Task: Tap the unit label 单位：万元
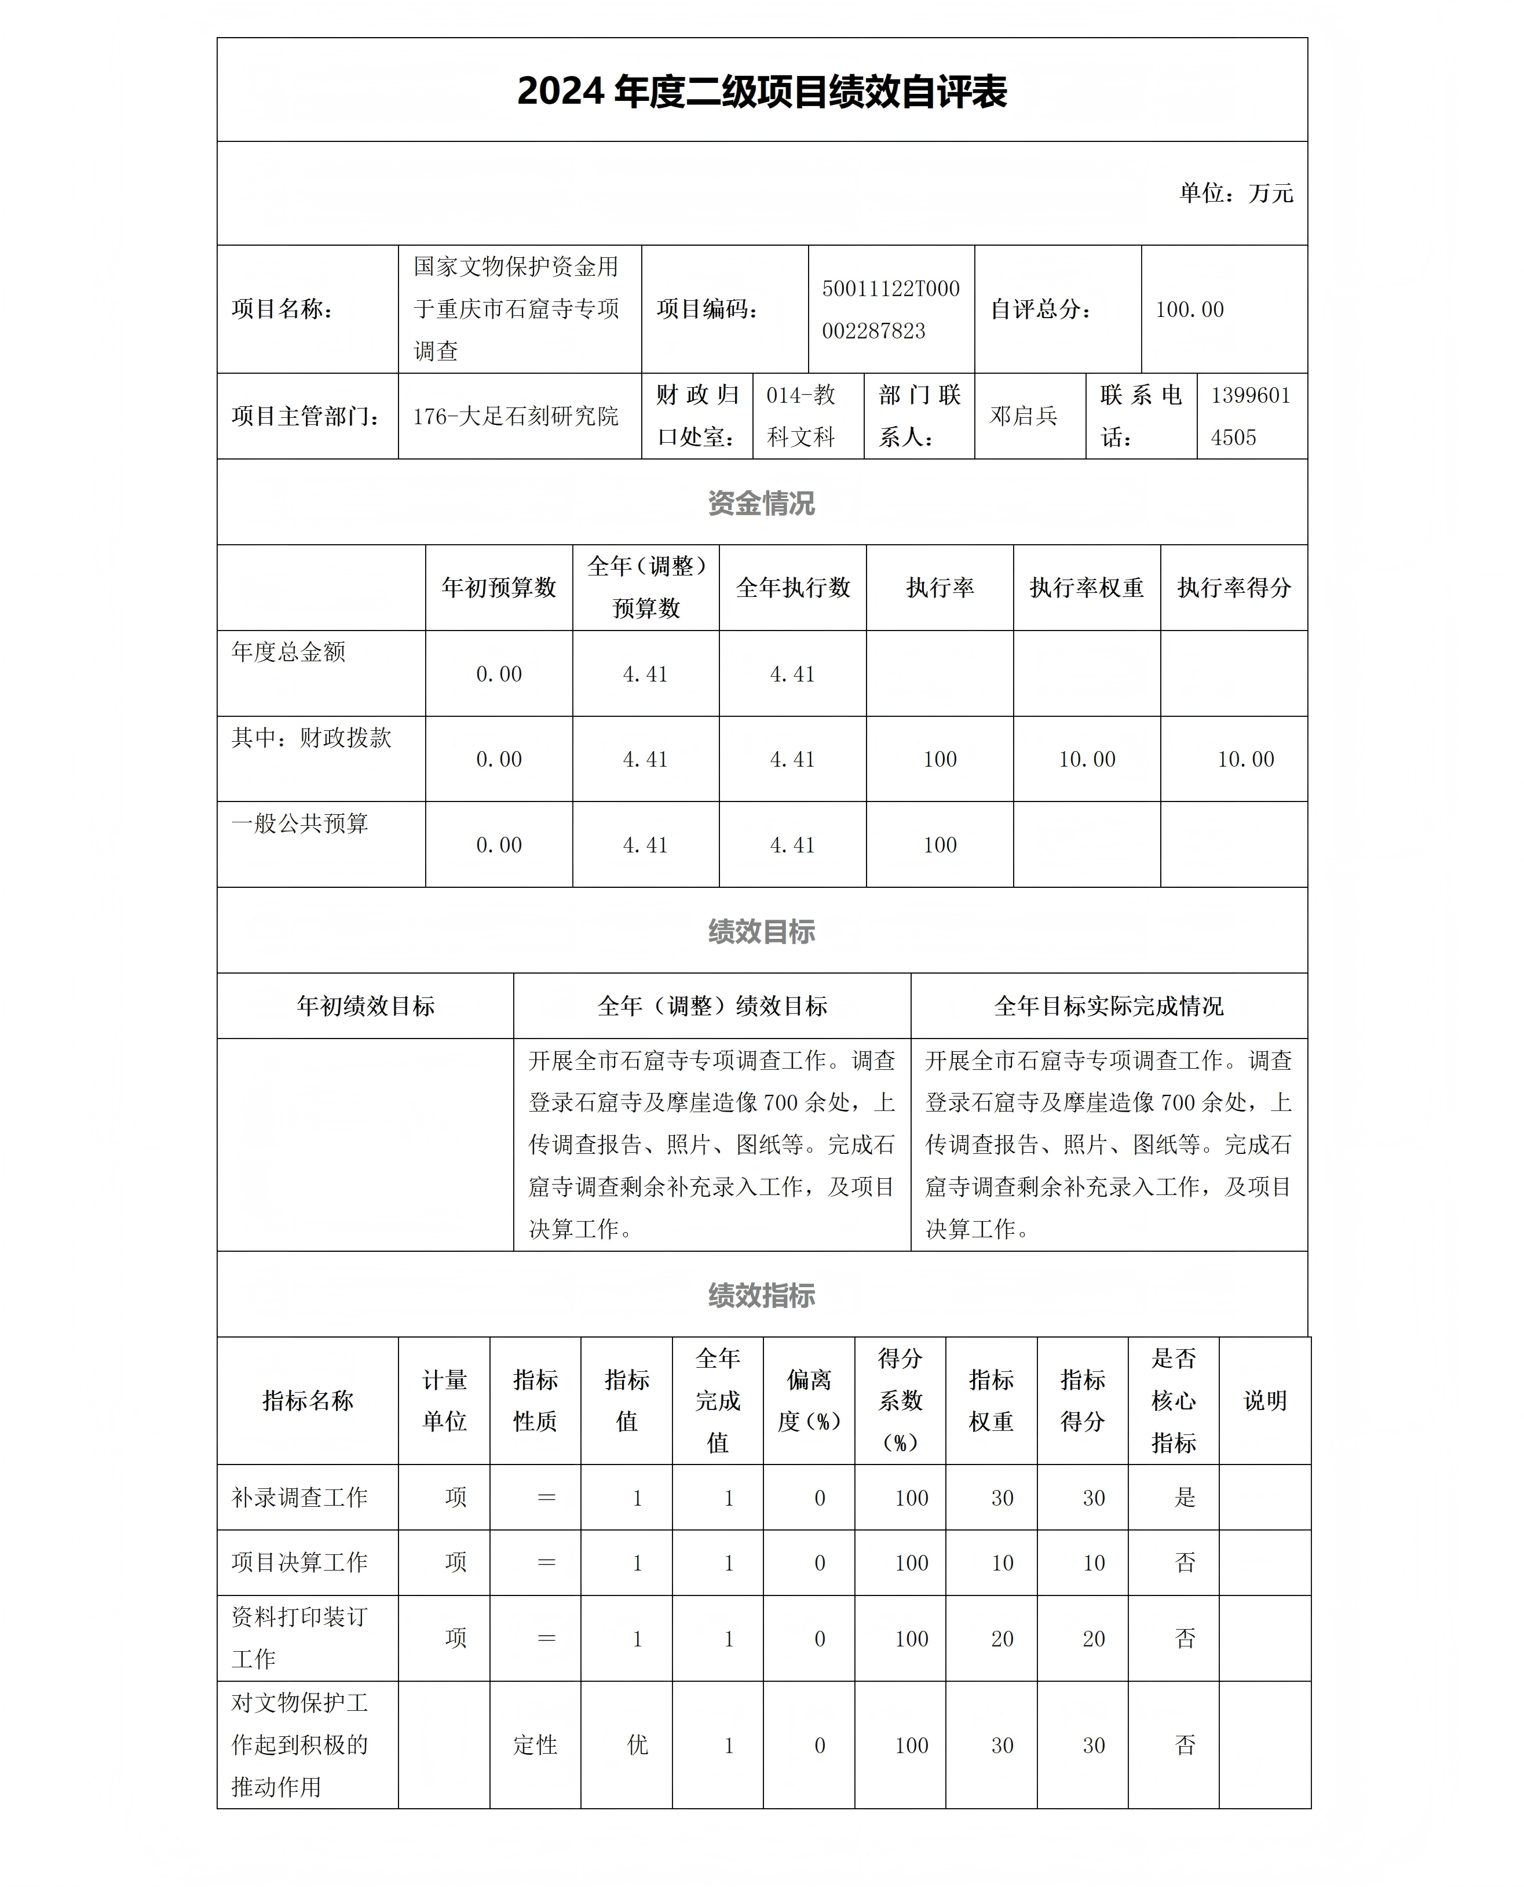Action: (x=1235, y=193)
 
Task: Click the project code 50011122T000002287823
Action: (x=890, y=309)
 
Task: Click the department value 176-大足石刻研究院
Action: (x=516, y=416)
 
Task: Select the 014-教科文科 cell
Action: (x=801, y=416)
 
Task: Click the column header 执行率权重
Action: (x=1086, y=588)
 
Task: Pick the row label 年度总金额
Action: (x=289, y=651)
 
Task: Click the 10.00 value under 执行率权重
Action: (x=1087, y=760)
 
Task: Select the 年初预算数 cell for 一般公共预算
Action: (x=499, y=845)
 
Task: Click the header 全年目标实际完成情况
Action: (x=1108, y=1006)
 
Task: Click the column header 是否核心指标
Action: (x=1173, y=1401)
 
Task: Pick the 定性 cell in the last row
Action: (x=535, y=1745)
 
